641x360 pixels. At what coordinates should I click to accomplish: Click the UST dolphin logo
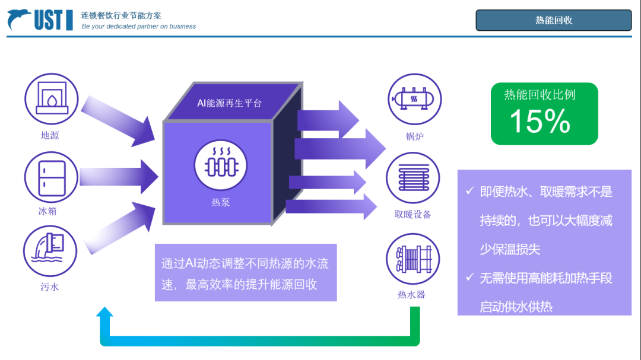click(x=40, y=20)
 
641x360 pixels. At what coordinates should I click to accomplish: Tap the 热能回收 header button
click(x=553, y=20)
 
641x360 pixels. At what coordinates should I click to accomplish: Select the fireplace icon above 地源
click(x=51, y=99)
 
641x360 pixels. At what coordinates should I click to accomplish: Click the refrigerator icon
click(x=51, y=177)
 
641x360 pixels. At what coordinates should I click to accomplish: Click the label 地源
click(x=50, y=136)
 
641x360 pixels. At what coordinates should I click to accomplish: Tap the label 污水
click(x=50, y=288)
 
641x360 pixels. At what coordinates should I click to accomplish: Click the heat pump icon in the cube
click(x=221, y=165)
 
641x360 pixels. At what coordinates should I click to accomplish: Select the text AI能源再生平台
click(x=230, y=103)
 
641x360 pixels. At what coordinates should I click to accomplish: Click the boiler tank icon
click(x=414, y=100)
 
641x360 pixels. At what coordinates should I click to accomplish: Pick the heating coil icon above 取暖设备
click(x=413, y=177)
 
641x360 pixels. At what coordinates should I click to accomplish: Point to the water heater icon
click(x=413, y=260)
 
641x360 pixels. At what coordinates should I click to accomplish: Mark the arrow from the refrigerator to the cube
click(x=119, y=176)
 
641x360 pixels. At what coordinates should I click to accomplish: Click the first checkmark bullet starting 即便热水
click(x=469, y=191)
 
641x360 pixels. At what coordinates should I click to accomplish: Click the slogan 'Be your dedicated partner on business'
click(x=139, y=27)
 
